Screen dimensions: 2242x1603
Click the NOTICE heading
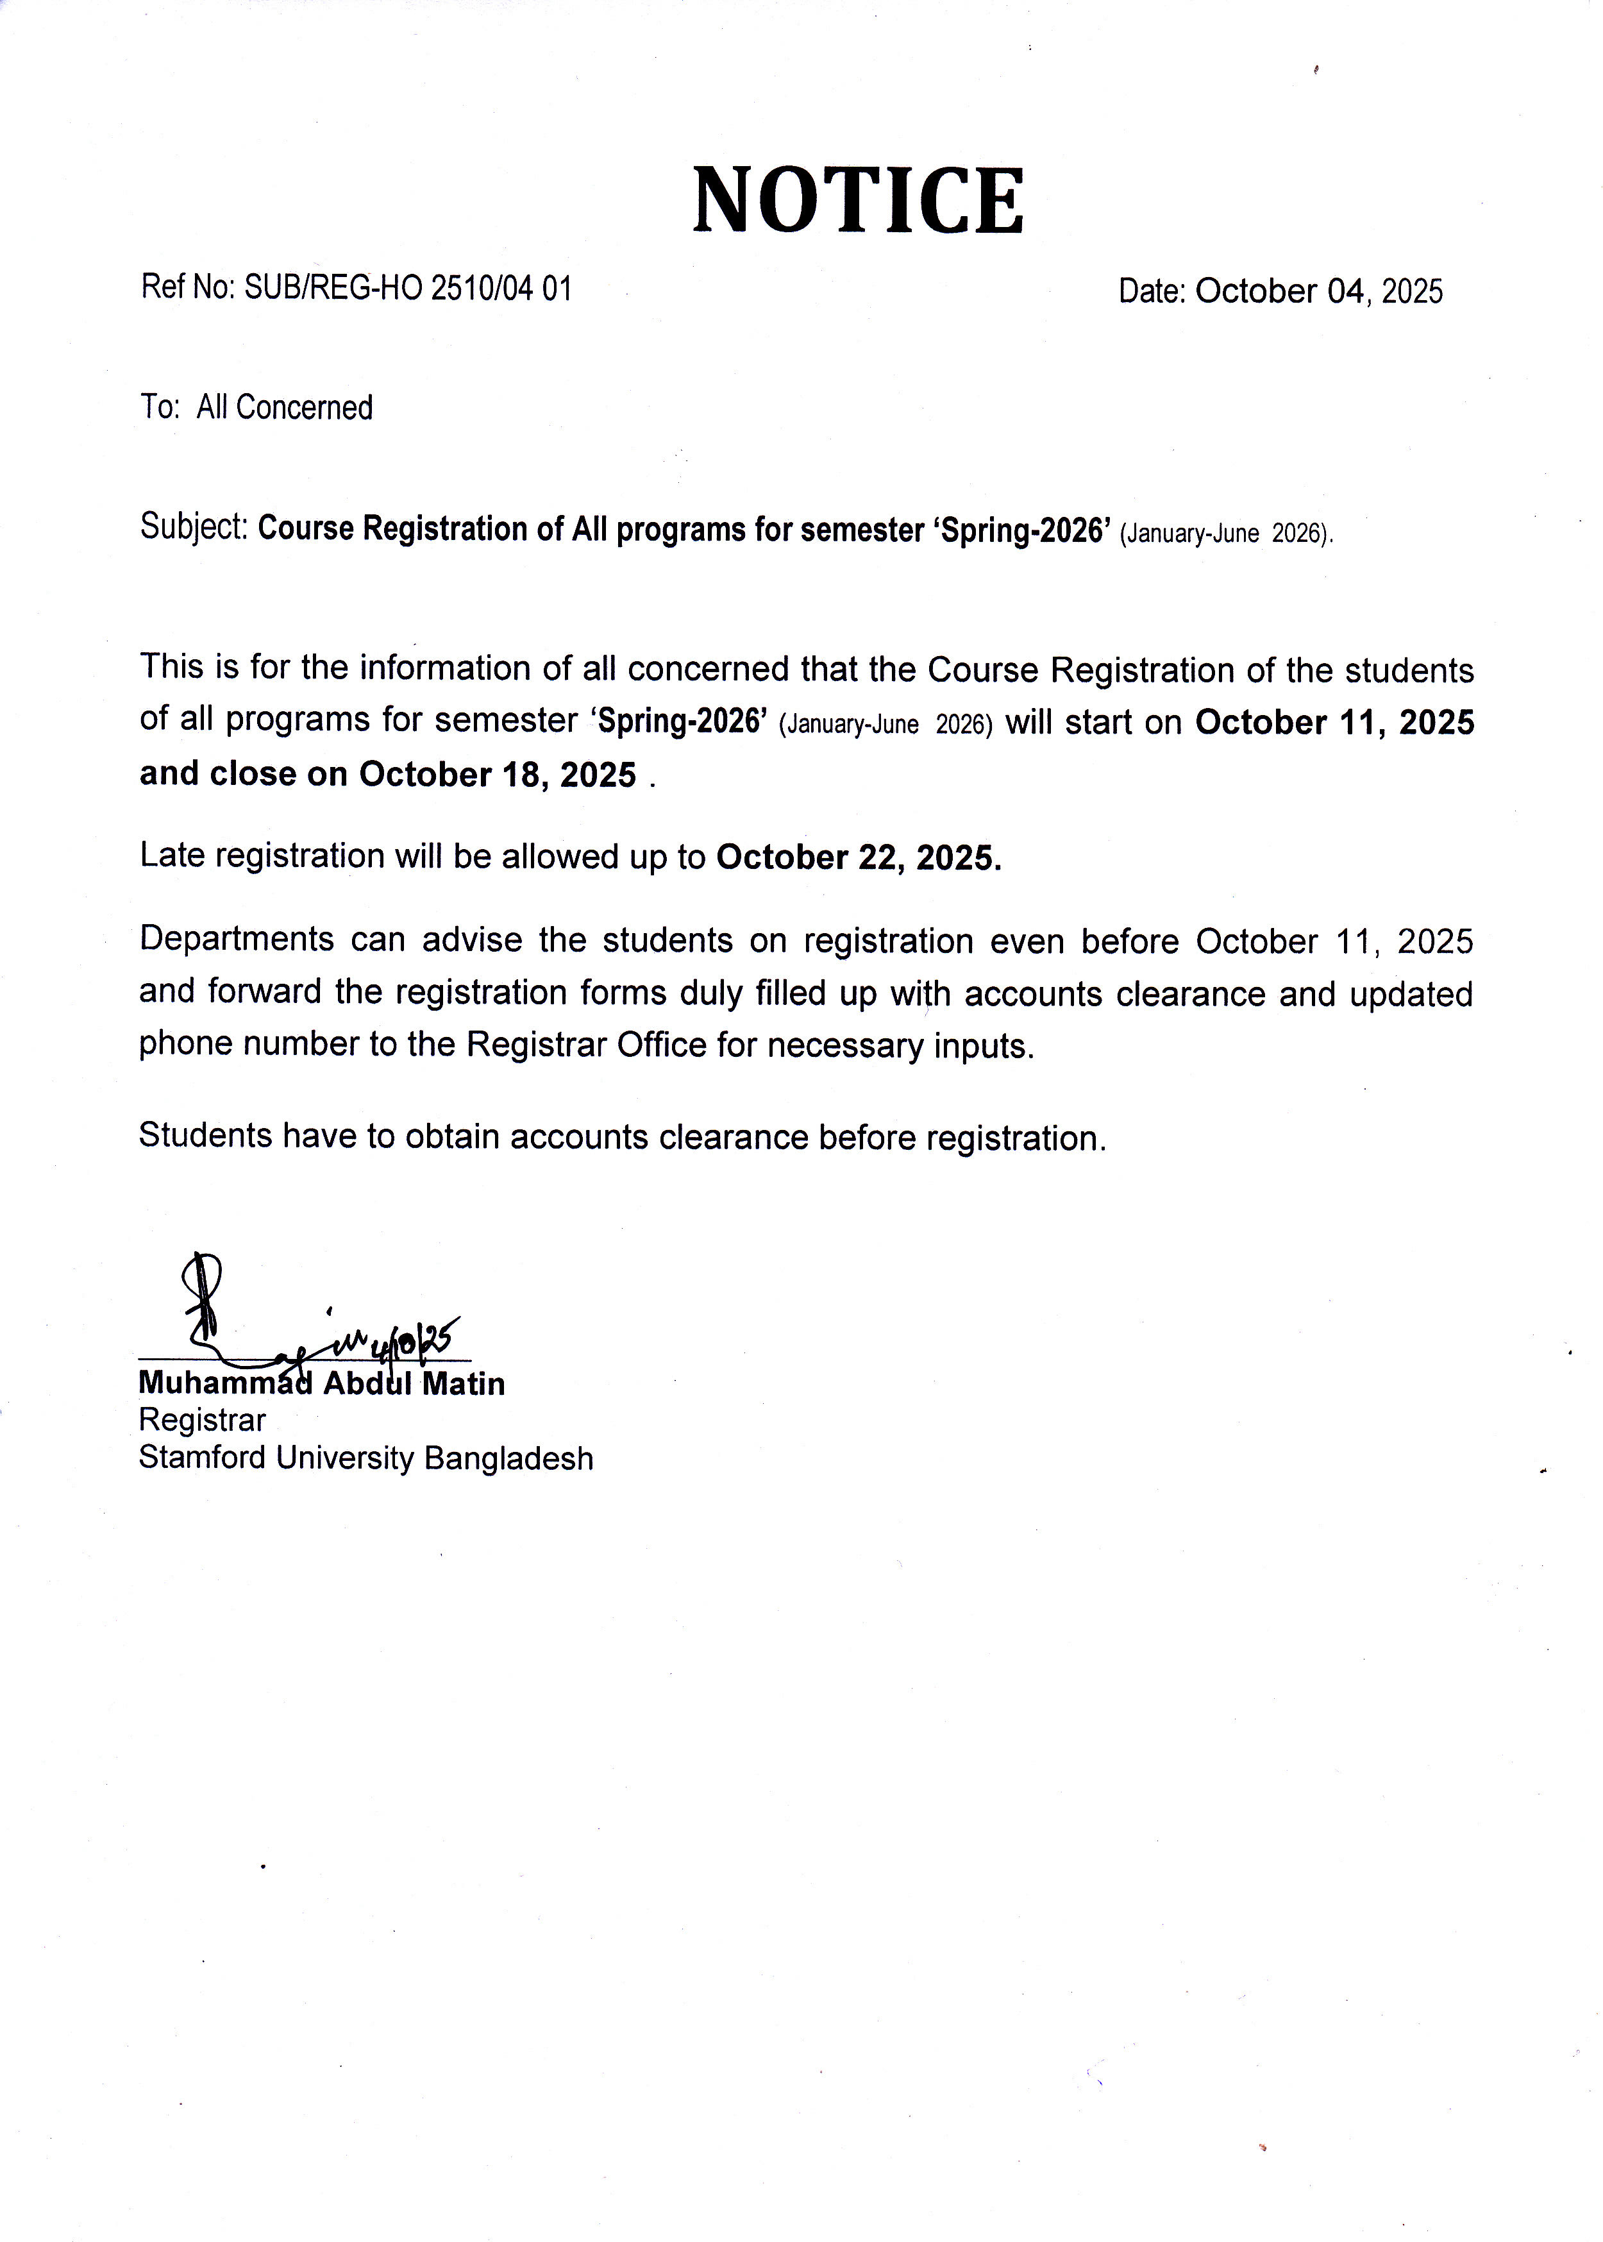[x=858, y=201]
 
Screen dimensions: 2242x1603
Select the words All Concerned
[x=284, y=408]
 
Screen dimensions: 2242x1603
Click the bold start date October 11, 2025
[x=1334, y=723]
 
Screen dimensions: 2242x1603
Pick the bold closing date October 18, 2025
[x=498, y=775]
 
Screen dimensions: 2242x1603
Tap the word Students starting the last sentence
[x=205, y=1136]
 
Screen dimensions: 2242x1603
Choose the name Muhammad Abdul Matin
[x=322, y=1384]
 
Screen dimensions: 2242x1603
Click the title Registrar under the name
[x=203, y=1420]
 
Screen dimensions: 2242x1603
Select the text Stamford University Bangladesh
[x=366, y=1458]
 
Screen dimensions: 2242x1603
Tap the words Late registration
[x=262, y=856]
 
